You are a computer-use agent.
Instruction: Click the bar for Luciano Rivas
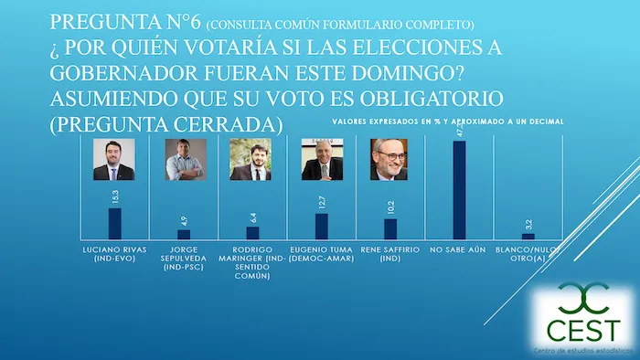(114, 224)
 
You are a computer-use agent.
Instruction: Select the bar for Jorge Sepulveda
(184, 234)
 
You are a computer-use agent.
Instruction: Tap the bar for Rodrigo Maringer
(253, 233)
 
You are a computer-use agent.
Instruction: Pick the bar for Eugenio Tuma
(322, 227)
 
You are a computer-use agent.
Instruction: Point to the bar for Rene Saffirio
(390, 229)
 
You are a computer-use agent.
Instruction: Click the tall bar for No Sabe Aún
(459, 190)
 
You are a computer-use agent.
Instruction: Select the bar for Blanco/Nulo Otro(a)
(528, 237)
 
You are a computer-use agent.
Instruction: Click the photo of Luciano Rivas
(114, 160)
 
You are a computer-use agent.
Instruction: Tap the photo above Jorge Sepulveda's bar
(184, 160)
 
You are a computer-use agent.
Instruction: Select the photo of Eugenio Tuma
(322, 160)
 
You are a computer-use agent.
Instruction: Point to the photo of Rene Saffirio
(390, 160)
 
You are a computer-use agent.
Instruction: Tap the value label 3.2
(528, 223)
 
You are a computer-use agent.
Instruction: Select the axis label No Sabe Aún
(459, 248)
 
